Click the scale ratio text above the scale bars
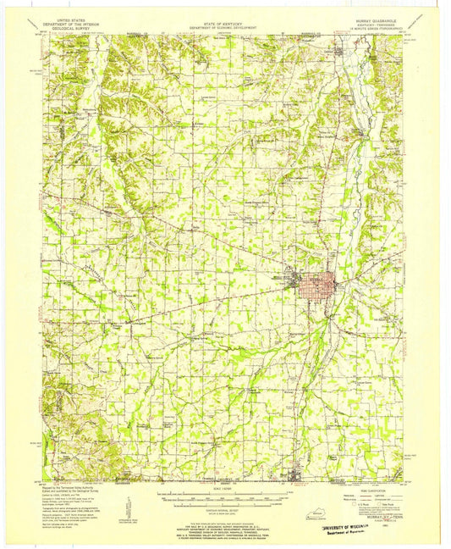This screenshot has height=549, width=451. point(225,489)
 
